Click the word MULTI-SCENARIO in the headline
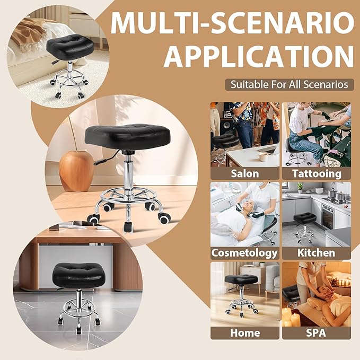tap(232, 23)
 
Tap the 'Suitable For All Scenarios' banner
tap(289, 84)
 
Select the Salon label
tap(245, 173)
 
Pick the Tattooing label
tap(316, 173)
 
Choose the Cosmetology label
tap(245, 253)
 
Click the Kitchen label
tap(316, 253)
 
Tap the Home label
tap(245, 333)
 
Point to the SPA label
tap(316, 333)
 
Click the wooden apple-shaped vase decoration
tap(76, 169)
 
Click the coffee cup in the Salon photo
tap(262, 156)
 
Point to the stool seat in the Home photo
tap(241, 279)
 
